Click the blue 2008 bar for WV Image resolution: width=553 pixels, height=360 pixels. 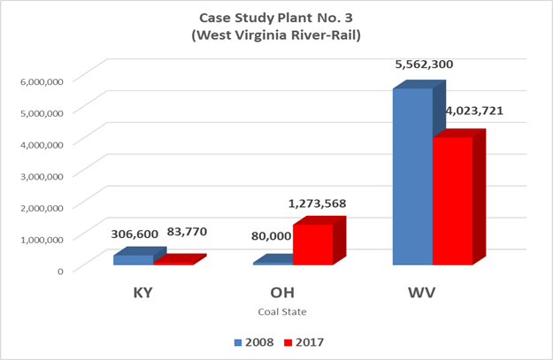pos(411,177)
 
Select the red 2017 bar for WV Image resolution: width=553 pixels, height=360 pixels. pos(452,202)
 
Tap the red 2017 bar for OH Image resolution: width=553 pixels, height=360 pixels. pos(312,245)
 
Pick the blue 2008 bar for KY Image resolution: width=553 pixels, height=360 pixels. pos(133,260)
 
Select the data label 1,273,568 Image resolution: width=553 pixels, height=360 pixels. pos(316,204)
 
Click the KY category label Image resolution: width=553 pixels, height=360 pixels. pos(144,292)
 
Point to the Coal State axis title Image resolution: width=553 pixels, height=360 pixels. pos(282,311)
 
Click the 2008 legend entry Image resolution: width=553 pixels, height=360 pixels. pos(254,342)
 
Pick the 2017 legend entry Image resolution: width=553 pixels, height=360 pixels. pos(307,342)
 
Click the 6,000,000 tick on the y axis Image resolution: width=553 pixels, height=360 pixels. pos(41,80)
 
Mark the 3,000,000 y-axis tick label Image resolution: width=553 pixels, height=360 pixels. pos(41,175)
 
